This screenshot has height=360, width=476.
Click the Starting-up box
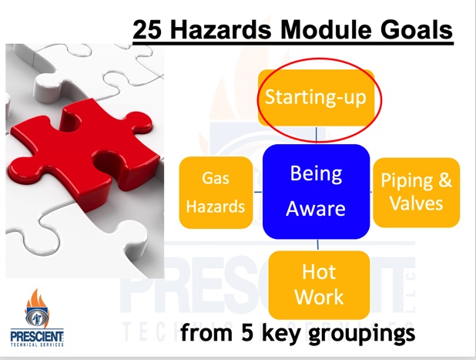coord(316,98)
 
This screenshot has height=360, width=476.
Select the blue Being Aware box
coord(317,192)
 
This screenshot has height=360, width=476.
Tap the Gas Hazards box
coord(216,193)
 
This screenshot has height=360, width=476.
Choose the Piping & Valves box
coord(416,192)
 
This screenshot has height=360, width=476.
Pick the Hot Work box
coord(319,285)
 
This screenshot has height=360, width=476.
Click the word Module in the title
coord(326,30)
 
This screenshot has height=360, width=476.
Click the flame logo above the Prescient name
coord(37,308)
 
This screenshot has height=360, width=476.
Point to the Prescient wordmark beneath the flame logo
coord(37,336)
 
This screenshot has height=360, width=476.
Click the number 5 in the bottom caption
coord(247,332)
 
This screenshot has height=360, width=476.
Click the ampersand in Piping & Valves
coord(444,180)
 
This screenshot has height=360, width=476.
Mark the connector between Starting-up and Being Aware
coord(317,135)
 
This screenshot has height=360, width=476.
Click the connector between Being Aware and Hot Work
coord(318,245)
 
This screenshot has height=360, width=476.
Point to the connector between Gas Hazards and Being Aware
coord(258,192)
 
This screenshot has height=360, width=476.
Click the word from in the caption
coord(206,332)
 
